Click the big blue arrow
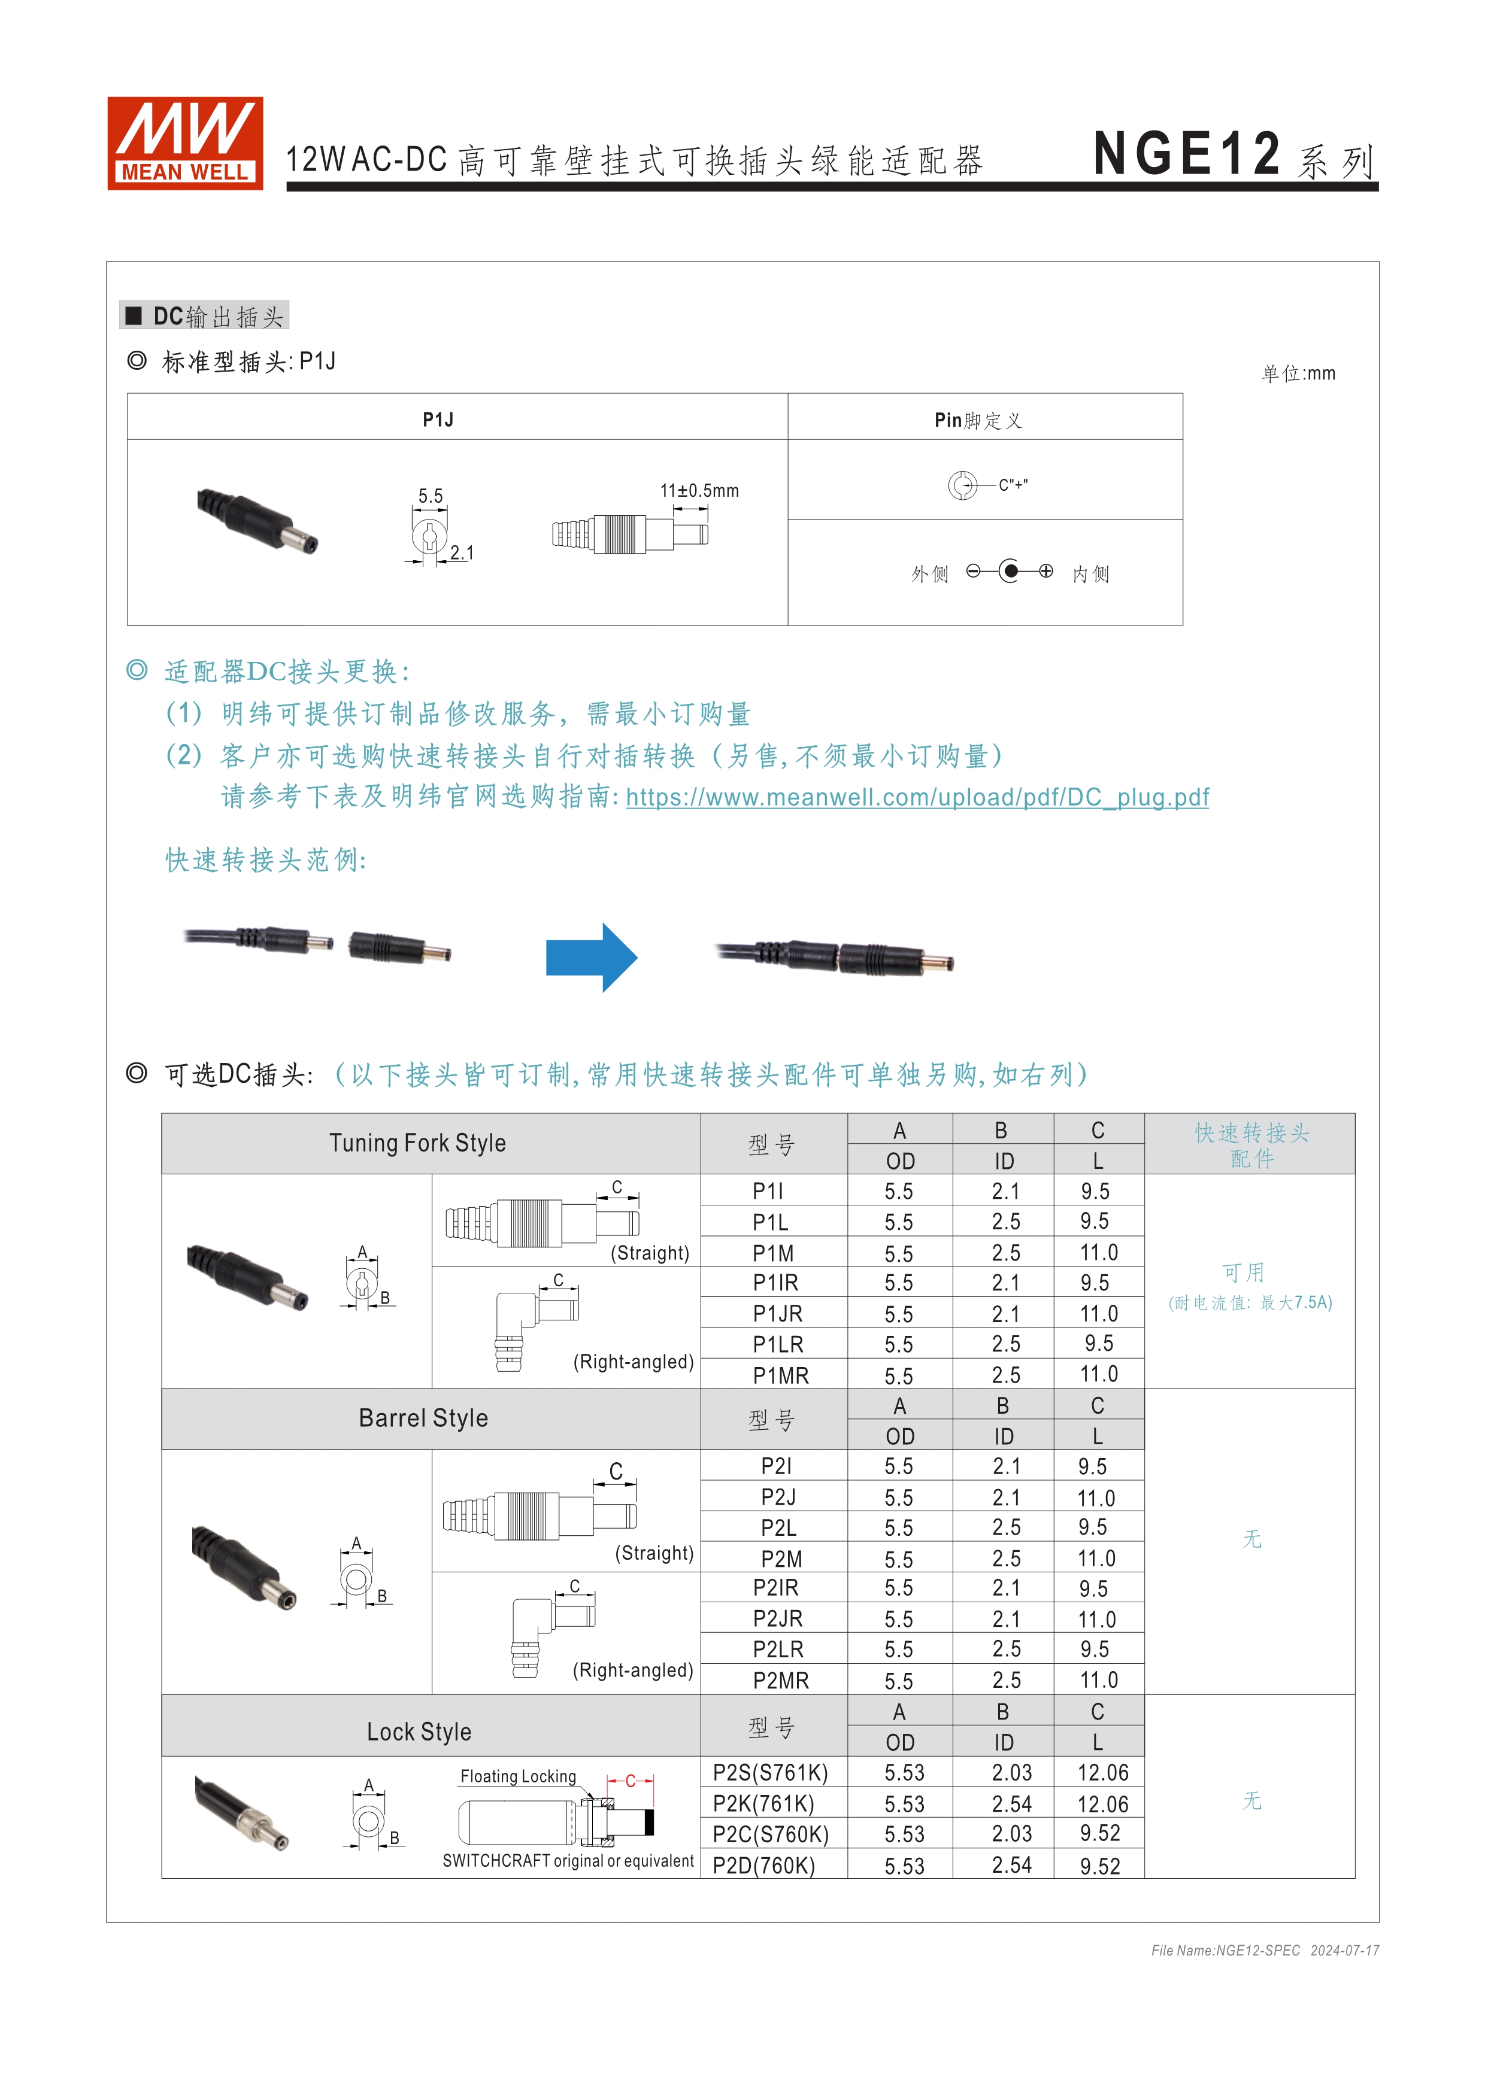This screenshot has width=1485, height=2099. click(x=591, y=957)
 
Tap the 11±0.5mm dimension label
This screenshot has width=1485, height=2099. click(x=699, y=491)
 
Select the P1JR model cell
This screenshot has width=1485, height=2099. click(x=777, y=1314)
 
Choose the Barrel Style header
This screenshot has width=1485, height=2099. click(x=423, y=1418)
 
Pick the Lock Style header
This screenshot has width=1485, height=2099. click(x=419, y=1732)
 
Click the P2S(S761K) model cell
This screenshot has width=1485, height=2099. click(x=770, y=1773)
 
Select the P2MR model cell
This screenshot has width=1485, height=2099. click(x=780, y=1680)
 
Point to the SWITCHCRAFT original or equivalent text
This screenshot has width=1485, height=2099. click(x=568, y=1860)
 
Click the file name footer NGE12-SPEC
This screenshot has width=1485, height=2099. click(x=1225, y=1950)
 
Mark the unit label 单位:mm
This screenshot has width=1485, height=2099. click(x=1298, y=373)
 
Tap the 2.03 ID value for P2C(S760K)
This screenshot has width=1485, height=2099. click(x=1011, y=1834)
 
